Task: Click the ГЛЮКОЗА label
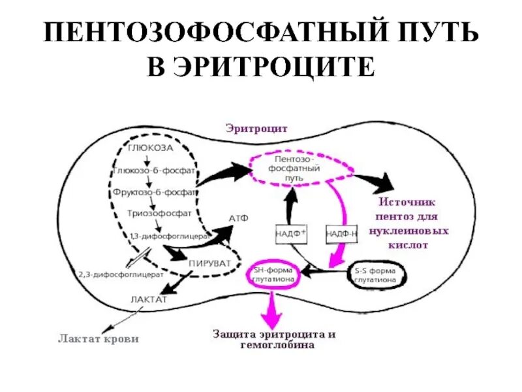(150, 148)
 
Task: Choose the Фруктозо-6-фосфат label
(154, 193)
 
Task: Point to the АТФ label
(237, 218)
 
